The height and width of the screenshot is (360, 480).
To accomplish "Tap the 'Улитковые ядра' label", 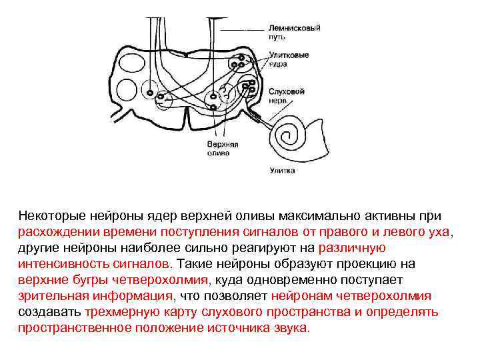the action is coord(289,59).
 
